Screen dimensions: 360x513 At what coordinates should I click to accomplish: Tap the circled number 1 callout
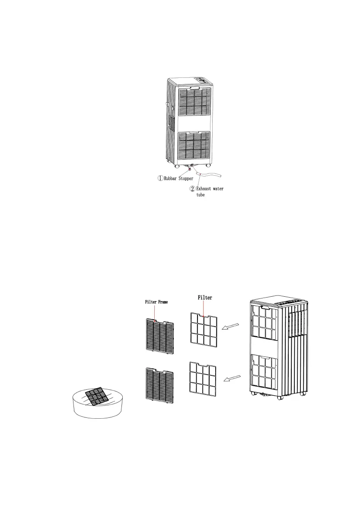point(148,177)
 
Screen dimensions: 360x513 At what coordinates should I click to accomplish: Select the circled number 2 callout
point(193,189)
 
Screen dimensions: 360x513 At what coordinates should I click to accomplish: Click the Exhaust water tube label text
point(210,192)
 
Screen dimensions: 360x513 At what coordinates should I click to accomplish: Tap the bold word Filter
point(206,298)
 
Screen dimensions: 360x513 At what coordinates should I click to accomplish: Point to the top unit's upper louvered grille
point(194,102)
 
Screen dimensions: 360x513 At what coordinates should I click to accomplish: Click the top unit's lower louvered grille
point(194,145)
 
